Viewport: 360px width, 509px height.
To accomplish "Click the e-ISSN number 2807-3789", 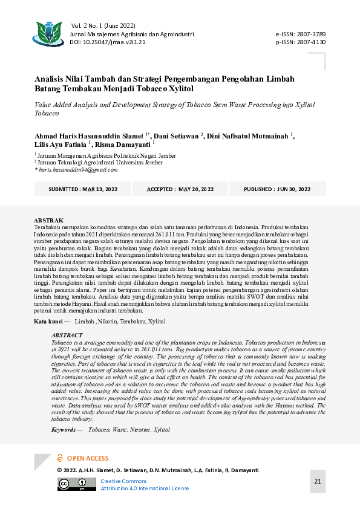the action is [310, 35].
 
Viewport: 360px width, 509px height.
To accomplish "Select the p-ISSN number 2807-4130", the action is [310, 42].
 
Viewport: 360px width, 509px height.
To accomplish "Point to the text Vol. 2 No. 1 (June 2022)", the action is [103, 26].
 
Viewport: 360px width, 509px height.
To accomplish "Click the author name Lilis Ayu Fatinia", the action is [61, 145].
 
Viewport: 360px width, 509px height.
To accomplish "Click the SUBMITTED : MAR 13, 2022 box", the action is [83, 189].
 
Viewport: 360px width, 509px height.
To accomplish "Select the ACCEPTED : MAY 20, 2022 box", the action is [180, 189].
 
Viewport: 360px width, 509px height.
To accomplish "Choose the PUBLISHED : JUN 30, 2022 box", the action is [277, 189].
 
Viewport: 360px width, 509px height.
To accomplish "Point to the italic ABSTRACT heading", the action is [67, 335].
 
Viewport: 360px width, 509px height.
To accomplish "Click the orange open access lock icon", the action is [60, 458].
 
